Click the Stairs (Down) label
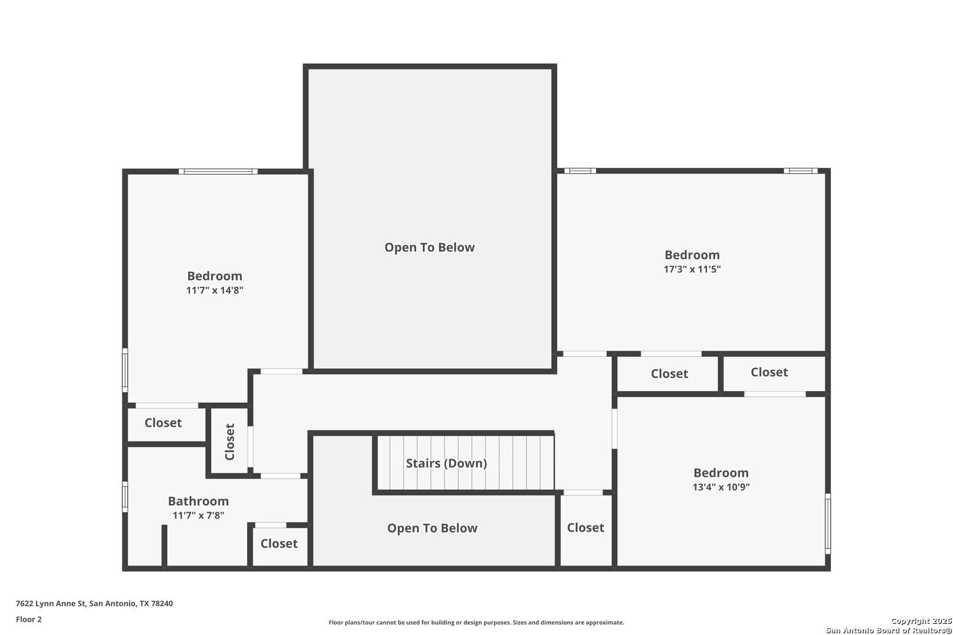pos(446,463)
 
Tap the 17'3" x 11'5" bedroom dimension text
pos(692,269)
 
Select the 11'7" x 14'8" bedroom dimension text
pos(214,290)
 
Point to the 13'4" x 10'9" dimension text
pos(721,487)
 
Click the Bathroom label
pos(198,501)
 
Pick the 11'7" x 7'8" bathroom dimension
pos(198,516)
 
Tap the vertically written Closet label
pos(230,442)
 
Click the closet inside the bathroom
pos(279,543)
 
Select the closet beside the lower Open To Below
pos(585,528)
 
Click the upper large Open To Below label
pos(429,248)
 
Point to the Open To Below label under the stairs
pos(432,528)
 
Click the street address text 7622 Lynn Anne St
pos(51,603)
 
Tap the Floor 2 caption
pos(29,619)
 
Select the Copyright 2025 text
pos(921,621)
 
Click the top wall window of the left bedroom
pos(218,172)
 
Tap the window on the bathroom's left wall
pos(125,497)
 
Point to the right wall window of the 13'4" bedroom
pos(828,523)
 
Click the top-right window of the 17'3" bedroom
pos(801,171)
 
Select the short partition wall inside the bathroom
pos(164,546)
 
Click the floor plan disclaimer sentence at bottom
pos(476,623)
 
